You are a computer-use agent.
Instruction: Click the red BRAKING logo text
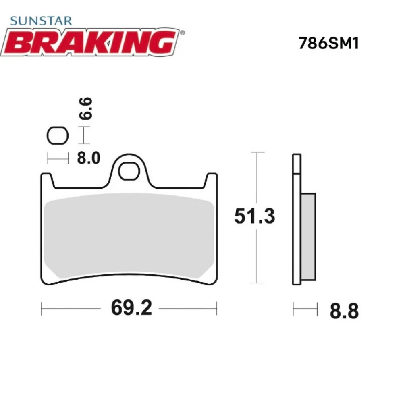(x=90, y=42)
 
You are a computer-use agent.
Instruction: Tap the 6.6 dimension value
(x=87, y=108)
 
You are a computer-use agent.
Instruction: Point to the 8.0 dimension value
(x=88, y=158)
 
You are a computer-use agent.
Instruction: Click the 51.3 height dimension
(x=255, y=216)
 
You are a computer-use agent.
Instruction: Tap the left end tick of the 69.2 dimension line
(x=42, y=309)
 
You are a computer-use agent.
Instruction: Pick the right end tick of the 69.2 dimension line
(x=217, y=309)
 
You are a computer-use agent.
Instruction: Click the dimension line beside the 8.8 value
(x=305, y=309)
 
